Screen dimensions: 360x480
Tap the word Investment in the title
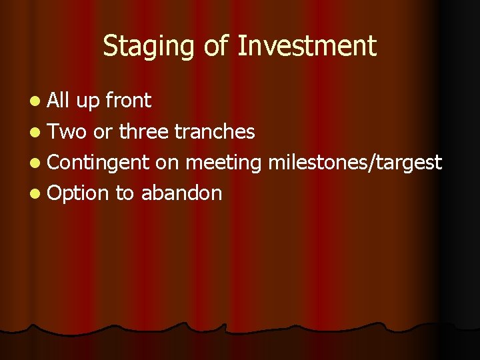pyautogui.click(x=307, y=47)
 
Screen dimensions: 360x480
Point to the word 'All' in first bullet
pyautogui.click(x=59, y=101)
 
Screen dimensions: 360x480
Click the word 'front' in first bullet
pyautogui.click(x=127, y=101)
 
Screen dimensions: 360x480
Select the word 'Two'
pyautogui.click(x=68, y=131)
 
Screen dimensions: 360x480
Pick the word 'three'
pyautogui.click(x=144, y=131)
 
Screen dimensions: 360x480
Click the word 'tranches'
pyautogui.click(x=215, y=131)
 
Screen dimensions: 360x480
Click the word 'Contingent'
pyautogui.click(x=99, y=163)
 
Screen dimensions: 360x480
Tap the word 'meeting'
pyautogui.click(x=224, y=163)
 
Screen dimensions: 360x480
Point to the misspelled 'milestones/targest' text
pyautogui.click(x=355, y=162)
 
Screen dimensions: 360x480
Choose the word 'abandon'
pyautogui.click(x=181, y=193)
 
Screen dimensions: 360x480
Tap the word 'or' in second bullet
pyautogui.click(x=103, y=132)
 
